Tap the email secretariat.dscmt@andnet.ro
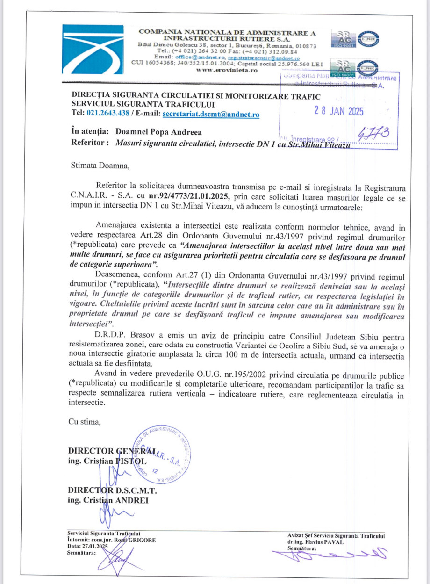coord(211,114)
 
